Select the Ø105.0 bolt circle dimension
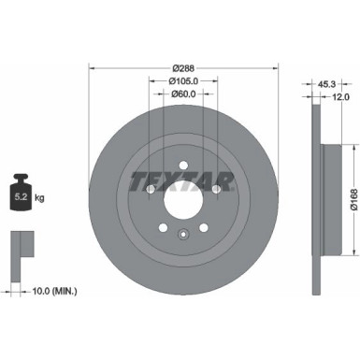(x=183, y=80)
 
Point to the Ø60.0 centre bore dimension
(x=183, y=93)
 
